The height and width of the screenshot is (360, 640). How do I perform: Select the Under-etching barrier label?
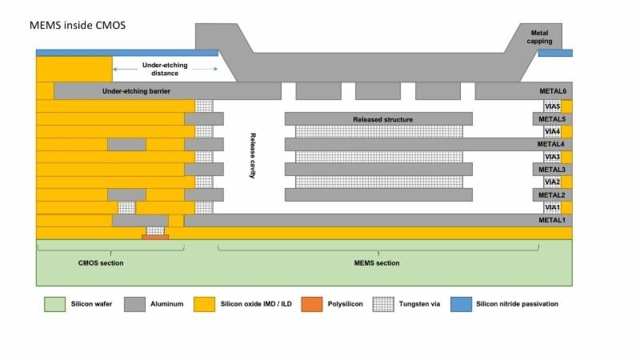point(137,90)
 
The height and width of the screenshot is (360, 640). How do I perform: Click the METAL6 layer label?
point(551,91)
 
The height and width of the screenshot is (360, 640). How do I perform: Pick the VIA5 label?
point(552,106)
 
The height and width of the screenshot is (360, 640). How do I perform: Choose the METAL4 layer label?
point(551,144)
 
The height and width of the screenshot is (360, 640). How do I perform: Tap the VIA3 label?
point(552,157)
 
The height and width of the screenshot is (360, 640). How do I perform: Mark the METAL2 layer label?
point(551,194)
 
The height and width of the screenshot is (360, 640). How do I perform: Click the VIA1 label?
point(552,207)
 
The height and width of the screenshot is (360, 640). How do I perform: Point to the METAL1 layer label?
point(551,220)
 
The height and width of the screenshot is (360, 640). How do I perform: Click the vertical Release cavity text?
point(252,156)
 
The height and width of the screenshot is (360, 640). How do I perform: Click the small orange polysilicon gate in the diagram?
point(155,237)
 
